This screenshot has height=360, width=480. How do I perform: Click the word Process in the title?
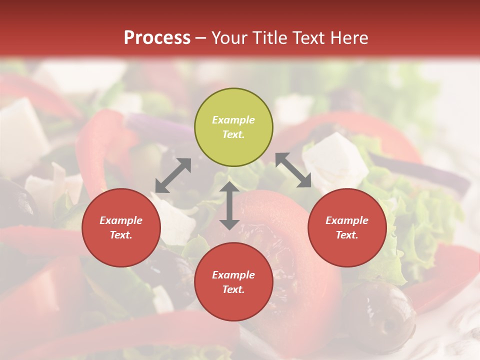pyautogui.click(x=157, y=38)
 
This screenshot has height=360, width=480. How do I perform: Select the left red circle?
pyautogui.click(x=121, y=227)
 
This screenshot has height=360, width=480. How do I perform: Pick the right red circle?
pyautogui.click(x=347, y=227)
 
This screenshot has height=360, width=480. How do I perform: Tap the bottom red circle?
pyautogui.click(x=233, y=281)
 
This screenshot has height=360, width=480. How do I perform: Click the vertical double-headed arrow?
pyautogui.click(x=229, y=205)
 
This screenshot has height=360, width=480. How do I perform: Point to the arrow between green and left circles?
pyautogui.click(x=173, y=175)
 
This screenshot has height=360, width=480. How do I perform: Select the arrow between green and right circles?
pyautogui.click(x=293, y=170)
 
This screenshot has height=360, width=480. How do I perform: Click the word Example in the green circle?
pyautogui.click(x=233, y=120)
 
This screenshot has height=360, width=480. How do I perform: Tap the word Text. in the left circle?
pyautogui.click(x=121, y=235)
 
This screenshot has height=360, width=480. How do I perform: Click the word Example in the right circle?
pyautogui.click(x=347, y=220)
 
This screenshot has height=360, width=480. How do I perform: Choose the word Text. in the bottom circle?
pyautogui.click(x=233, y=289)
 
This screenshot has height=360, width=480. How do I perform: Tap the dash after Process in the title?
pyautogui.click(x=201, y=38)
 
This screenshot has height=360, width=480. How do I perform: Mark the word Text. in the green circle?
pyautogui.click(x=233, y=134)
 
